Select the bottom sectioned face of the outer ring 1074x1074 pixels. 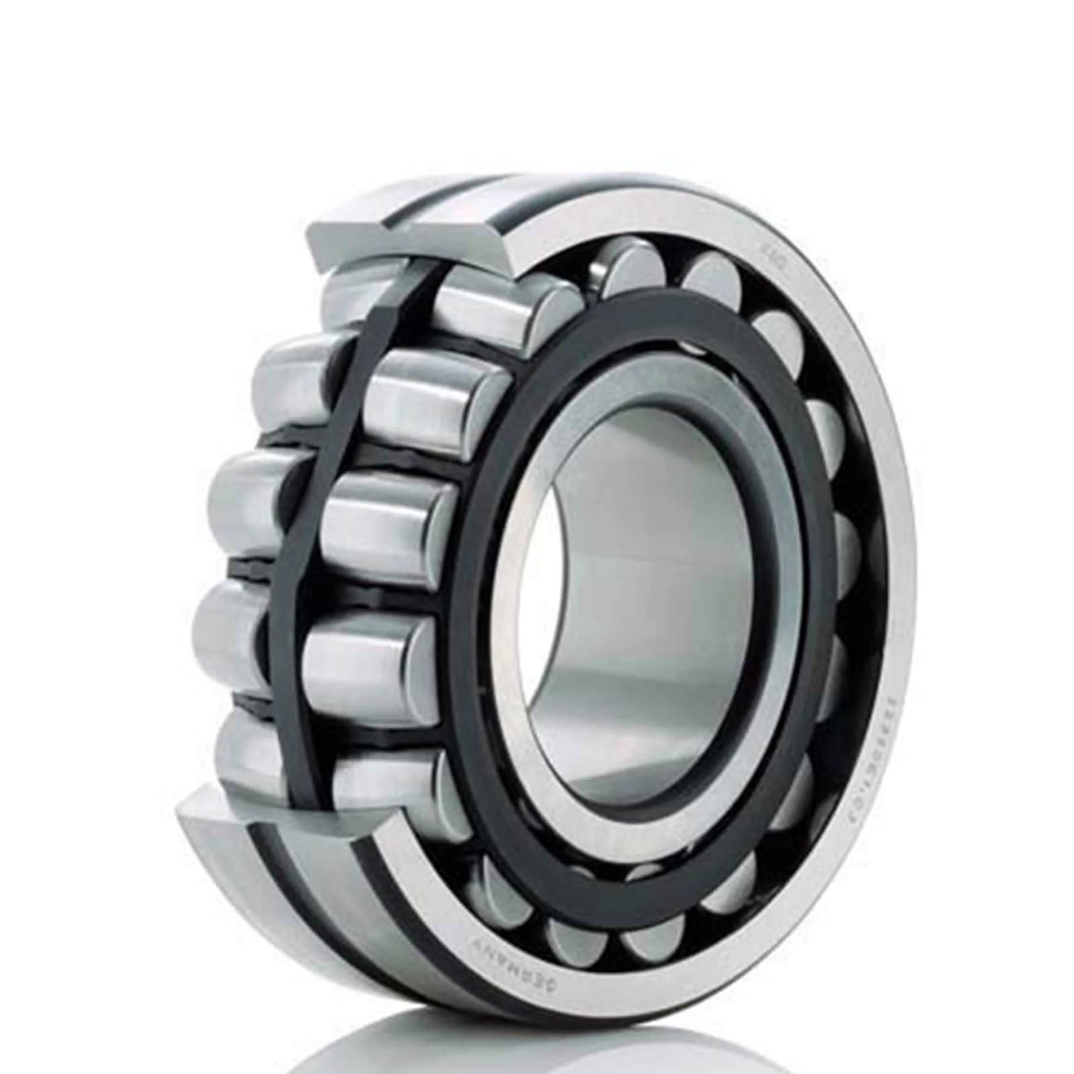pyautogui.click(x=282, y=816)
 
